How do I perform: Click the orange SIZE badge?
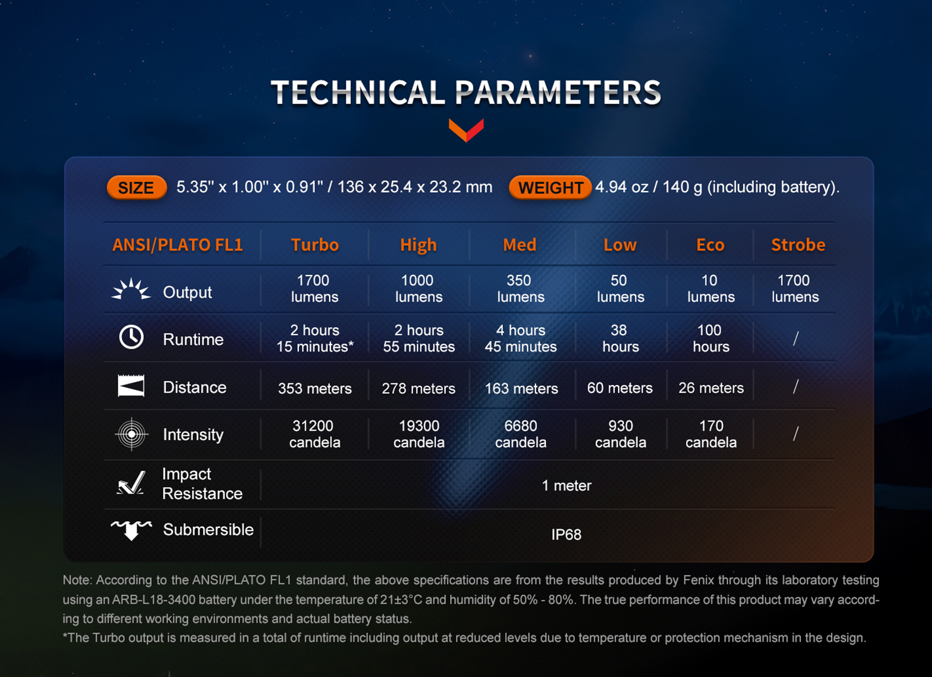pos(137,188)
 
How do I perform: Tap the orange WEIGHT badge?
pos(550,188)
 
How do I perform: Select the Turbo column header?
pos(315,245)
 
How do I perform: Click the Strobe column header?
pos(798,245)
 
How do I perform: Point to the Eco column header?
pos(710,245)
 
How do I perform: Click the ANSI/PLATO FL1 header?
pos(178,245)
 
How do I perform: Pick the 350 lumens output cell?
pos(521,288)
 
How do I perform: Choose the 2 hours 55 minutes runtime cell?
pos(419,338)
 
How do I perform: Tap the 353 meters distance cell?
pos(315,388)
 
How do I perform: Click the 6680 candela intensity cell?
pos(521,434)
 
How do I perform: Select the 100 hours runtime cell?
pos(711,338)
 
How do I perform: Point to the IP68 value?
pos(566,535)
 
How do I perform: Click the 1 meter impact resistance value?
pos(566,485)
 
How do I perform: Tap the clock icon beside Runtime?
pos(132,337)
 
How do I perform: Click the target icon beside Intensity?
pos(132,434)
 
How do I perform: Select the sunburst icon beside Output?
pos(131,289)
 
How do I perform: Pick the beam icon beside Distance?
pos(131,386)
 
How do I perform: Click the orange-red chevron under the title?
pos(466,131)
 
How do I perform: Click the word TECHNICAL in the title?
pos(358,93)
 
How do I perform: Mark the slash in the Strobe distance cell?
pos(796,386)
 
